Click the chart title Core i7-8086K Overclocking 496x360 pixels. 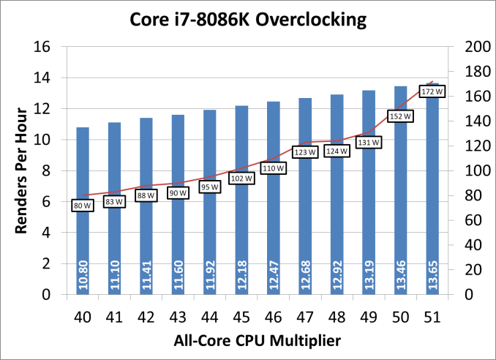(247, 21)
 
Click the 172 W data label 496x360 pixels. (431, 92)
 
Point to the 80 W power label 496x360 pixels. (83, 206)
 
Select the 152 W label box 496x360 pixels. (400, 116)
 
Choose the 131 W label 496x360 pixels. (368, 143)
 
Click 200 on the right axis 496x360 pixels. (466, 47)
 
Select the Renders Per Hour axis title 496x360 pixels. (21, 170)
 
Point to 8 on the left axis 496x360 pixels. (47, 170)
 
